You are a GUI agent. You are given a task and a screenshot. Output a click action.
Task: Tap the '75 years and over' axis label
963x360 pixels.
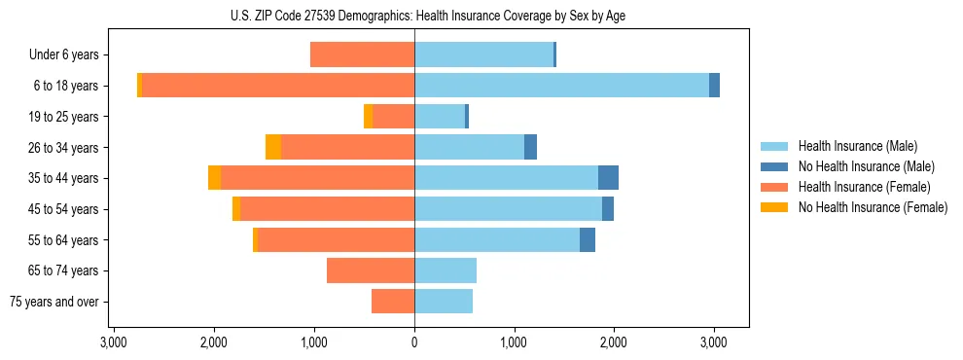tap(54, 302)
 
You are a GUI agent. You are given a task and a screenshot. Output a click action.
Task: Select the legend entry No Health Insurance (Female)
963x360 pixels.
tap(873, 207)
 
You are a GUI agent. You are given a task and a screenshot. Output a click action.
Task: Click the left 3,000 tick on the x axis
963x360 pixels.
tap(114, 342)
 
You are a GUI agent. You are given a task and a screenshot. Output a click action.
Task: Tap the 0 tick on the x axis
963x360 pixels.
tap(414, 342)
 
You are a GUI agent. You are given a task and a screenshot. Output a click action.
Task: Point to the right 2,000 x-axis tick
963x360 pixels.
tap(614, 342)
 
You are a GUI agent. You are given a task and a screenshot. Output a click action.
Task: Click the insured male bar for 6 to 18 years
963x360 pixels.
tap(561, 86)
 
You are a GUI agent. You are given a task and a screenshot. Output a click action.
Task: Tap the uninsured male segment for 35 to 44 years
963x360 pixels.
tap(608, 178)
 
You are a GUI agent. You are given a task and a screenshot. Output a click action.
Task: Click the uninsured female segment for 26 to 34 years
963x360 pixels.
tap(273, 147)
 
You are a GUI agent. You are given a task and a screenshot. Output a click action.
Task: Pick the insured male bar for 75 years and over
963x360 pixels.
tap(444, 302)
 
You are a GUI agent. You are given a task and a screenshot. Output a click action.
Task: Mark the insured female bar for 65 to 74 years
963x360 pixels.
tap(371, 270)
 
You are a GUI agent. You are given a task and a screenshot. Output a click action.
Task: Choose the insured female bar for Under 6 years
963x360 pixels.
tap(362, 55)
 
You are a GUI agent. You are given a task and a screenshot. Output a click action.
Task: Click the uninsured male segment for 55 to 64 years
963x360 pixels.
tap(588, 239)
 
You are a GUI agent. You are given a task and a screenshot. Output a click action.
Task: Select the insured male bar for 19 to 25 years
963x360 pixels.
tap(440, 117)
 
